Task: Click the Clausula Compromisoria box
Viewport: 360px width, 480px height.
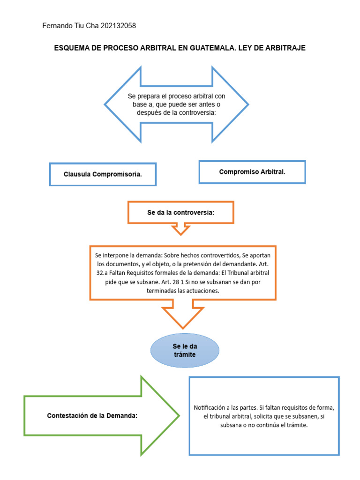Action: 103,174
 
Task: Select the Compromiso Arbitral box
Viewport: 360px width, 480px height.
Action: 252,172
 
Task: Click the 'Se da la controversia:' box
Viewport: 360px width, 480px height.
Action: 180,212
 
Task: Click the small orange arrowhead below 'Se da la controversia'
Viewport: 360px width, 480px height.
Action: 180,230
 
